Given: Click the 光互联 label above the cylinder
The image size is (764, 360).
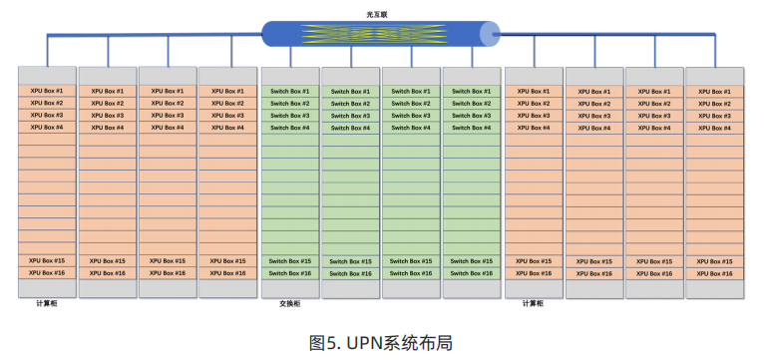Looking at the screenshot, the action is [x=377, y=15].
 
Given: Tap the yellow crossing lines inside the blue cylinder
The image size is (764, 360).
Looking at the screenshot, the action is [x=374, y=34].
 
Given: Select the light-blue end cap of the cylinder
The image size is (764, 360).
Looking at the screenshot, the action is [x=489, y=34].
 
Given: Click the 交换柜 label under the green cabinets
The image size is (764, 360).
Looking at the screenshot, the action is [x=290, y=303].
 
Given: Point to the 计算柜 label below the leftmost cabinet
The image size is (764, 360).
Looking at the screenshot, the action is [x=47, y=303].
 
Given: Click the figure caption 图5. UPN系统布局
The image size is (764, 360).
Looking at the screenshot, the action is [x=381, y=343].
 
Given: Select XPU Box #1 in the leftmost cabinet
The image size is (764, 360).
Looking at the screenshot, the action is [x=47, y=91].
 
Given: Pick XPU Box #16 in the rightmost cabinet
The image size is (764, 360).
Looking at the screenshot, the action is [x=714, y=274].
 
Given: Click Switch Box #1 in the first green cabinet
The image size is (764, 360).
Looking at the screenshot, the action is [x=290, y=91].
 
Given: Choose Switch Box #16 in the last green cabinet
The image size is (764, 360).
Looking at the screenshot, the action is [x=472, y=273].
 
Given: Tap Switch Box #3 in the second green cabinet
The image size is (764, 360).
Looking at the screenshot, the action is [x=350, y=116].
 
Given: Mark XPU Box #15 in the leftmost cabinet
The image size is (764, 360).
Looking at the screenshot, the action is [x=47, y=260].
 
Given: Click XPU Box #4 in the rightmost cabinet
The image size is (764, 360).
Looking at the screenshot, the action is [x=714, y=128].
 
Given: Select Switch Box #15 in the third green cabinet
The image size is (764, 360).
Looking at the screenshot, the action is [x=411, y=261].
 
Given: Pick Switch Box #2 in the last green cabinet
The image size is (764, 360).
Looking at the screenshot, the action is [x=472, y=104].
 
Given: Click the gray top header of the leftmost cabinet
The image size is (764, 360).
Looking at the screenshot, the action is [x=47, y=76].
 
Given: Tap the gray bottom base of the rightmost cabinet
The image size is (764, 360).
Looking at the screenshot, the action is [x=715, y=289].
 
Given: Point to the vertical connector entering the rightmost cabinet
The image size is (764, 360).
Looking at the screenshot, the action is [x=715, y=51].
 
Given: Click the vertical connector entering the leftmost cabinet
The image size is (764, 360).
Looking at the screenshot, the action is [x=47, y=51].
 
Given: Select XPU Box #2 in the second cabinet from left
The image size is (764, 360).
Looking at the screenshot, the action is [x=108, y=104].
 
